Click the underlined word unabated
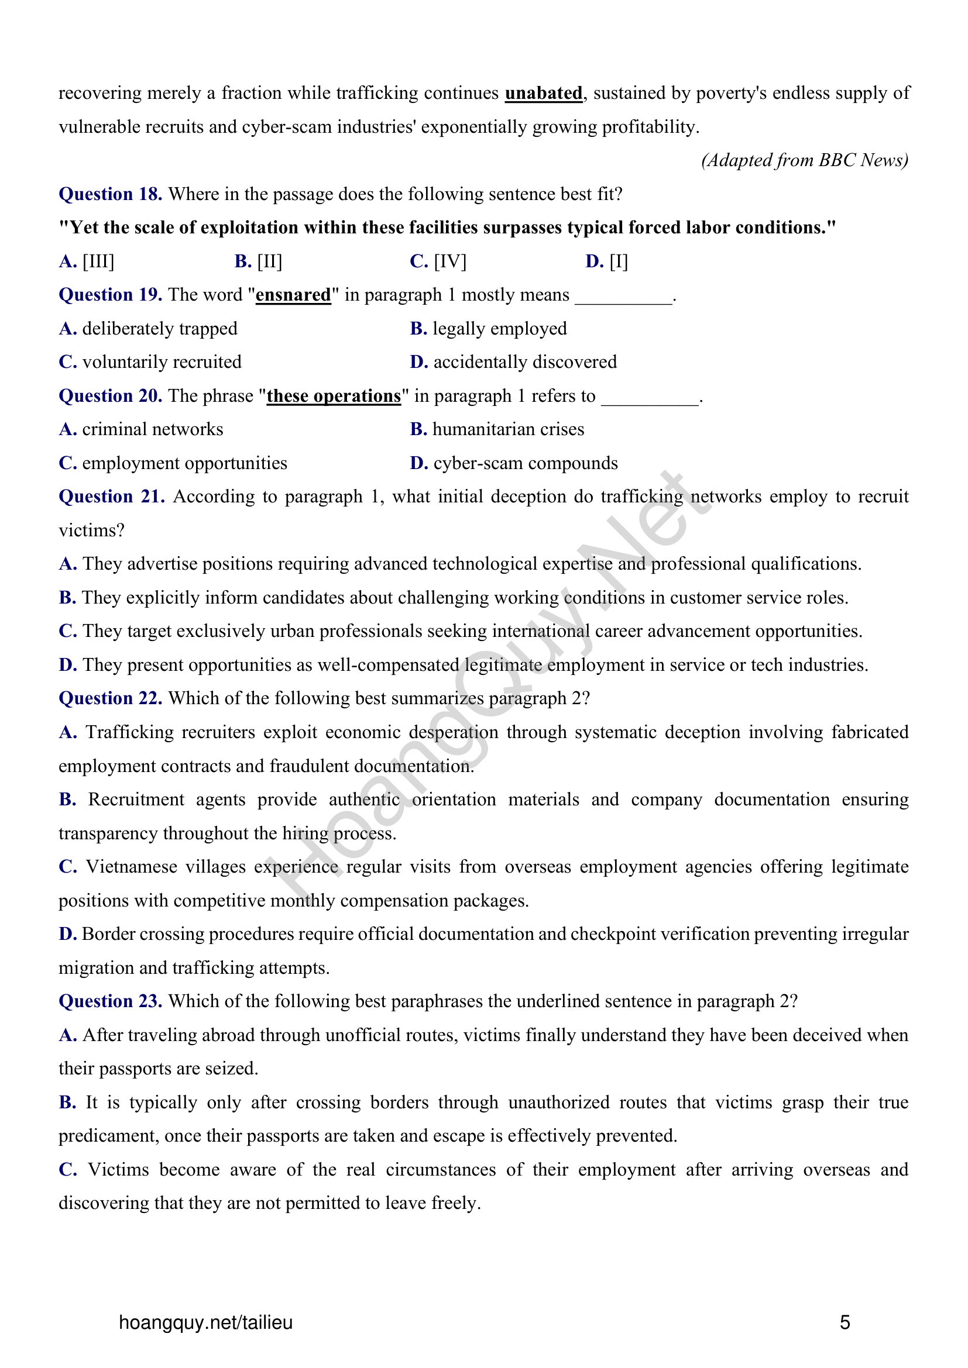pyautogui.click(x=543, y=94)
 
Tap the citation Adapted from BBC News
pyautogui.click(x=804, y=160)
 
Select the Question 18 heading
pyautogui.click(x=110, y=194)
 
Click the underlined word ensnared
pyautogui.click(x=293, y=295)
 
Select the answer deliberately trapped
pyautogui.click(x=159, y=329)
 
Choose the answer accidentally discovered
pyautogui.click(x=524, y=362)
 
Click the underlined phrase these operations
pyautogui.click(x=333, y=396)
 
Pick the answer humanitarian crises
pyautogui.click(x=508, y=430)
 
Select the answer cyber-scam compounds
pyautogui.click(x=525, y=464)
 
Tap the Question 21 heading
pyautogui.click(x=111, y=497)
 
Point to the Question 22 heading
pyautogui.click(x=110, y=698)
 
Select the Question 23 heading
pyautogui.click(x=110, y=1001)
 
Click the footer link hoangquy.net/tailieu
pyautogui.click(x=205, y=1323)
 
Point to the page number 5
pyautogui.click(x=845, y=1323)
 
